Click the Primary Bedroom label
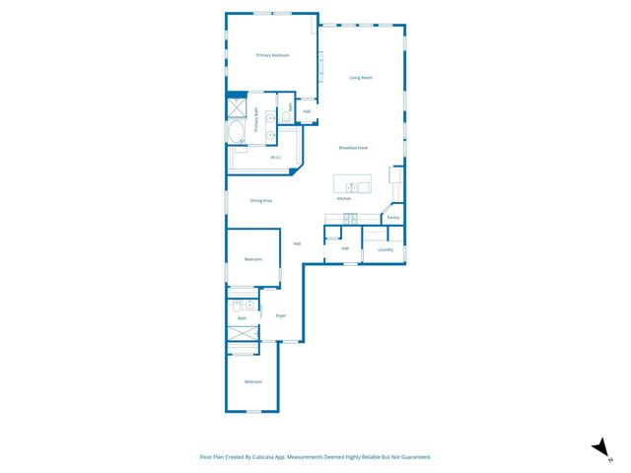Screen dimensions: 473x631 pyautogui.click(x=272, y=55)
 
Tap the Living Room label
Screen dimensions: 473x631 pyautogui.click(x=361, y=77)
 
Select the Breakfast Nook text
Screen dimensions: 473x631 pyautogui.click(x=353, y=148)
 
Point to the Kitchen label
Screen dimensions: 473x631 pyautogui.click(x=344, y=199)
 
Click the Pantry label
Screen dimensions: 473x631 pyautogui.click(x=392, y=217)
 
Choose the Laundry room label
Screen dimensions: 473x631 pyautogui.click(x=386, y=249)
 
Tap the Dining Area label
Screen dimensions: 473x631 pyautogui.click(x=261, y=200)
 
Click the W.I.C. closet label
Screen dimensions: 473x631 pyautogui.click(x=277, y=158)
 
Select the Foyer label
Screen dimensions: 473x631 pyautogui.click(x=281, y=315)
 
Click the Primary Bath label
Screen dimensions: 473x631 pyautogui.click(x=256, y=119)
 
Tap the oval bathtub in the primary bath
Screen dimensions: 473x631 pyautogui.click(x=237, y=132)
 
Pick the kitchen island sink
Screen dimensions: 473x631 pyautogui.click(x=352, y=186)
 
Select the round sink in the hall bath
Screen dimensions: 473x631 pyautogui.click(x=249, y=305)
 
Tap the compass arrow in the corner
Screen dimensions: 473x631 pyautogui.click(x=598, y=447)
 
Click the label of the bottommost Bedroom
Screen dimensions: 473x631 pyautogui.click(x=253, y=381)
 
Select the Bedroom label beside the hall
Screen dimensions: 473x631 pyautogui.click(x=253, y=259)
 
